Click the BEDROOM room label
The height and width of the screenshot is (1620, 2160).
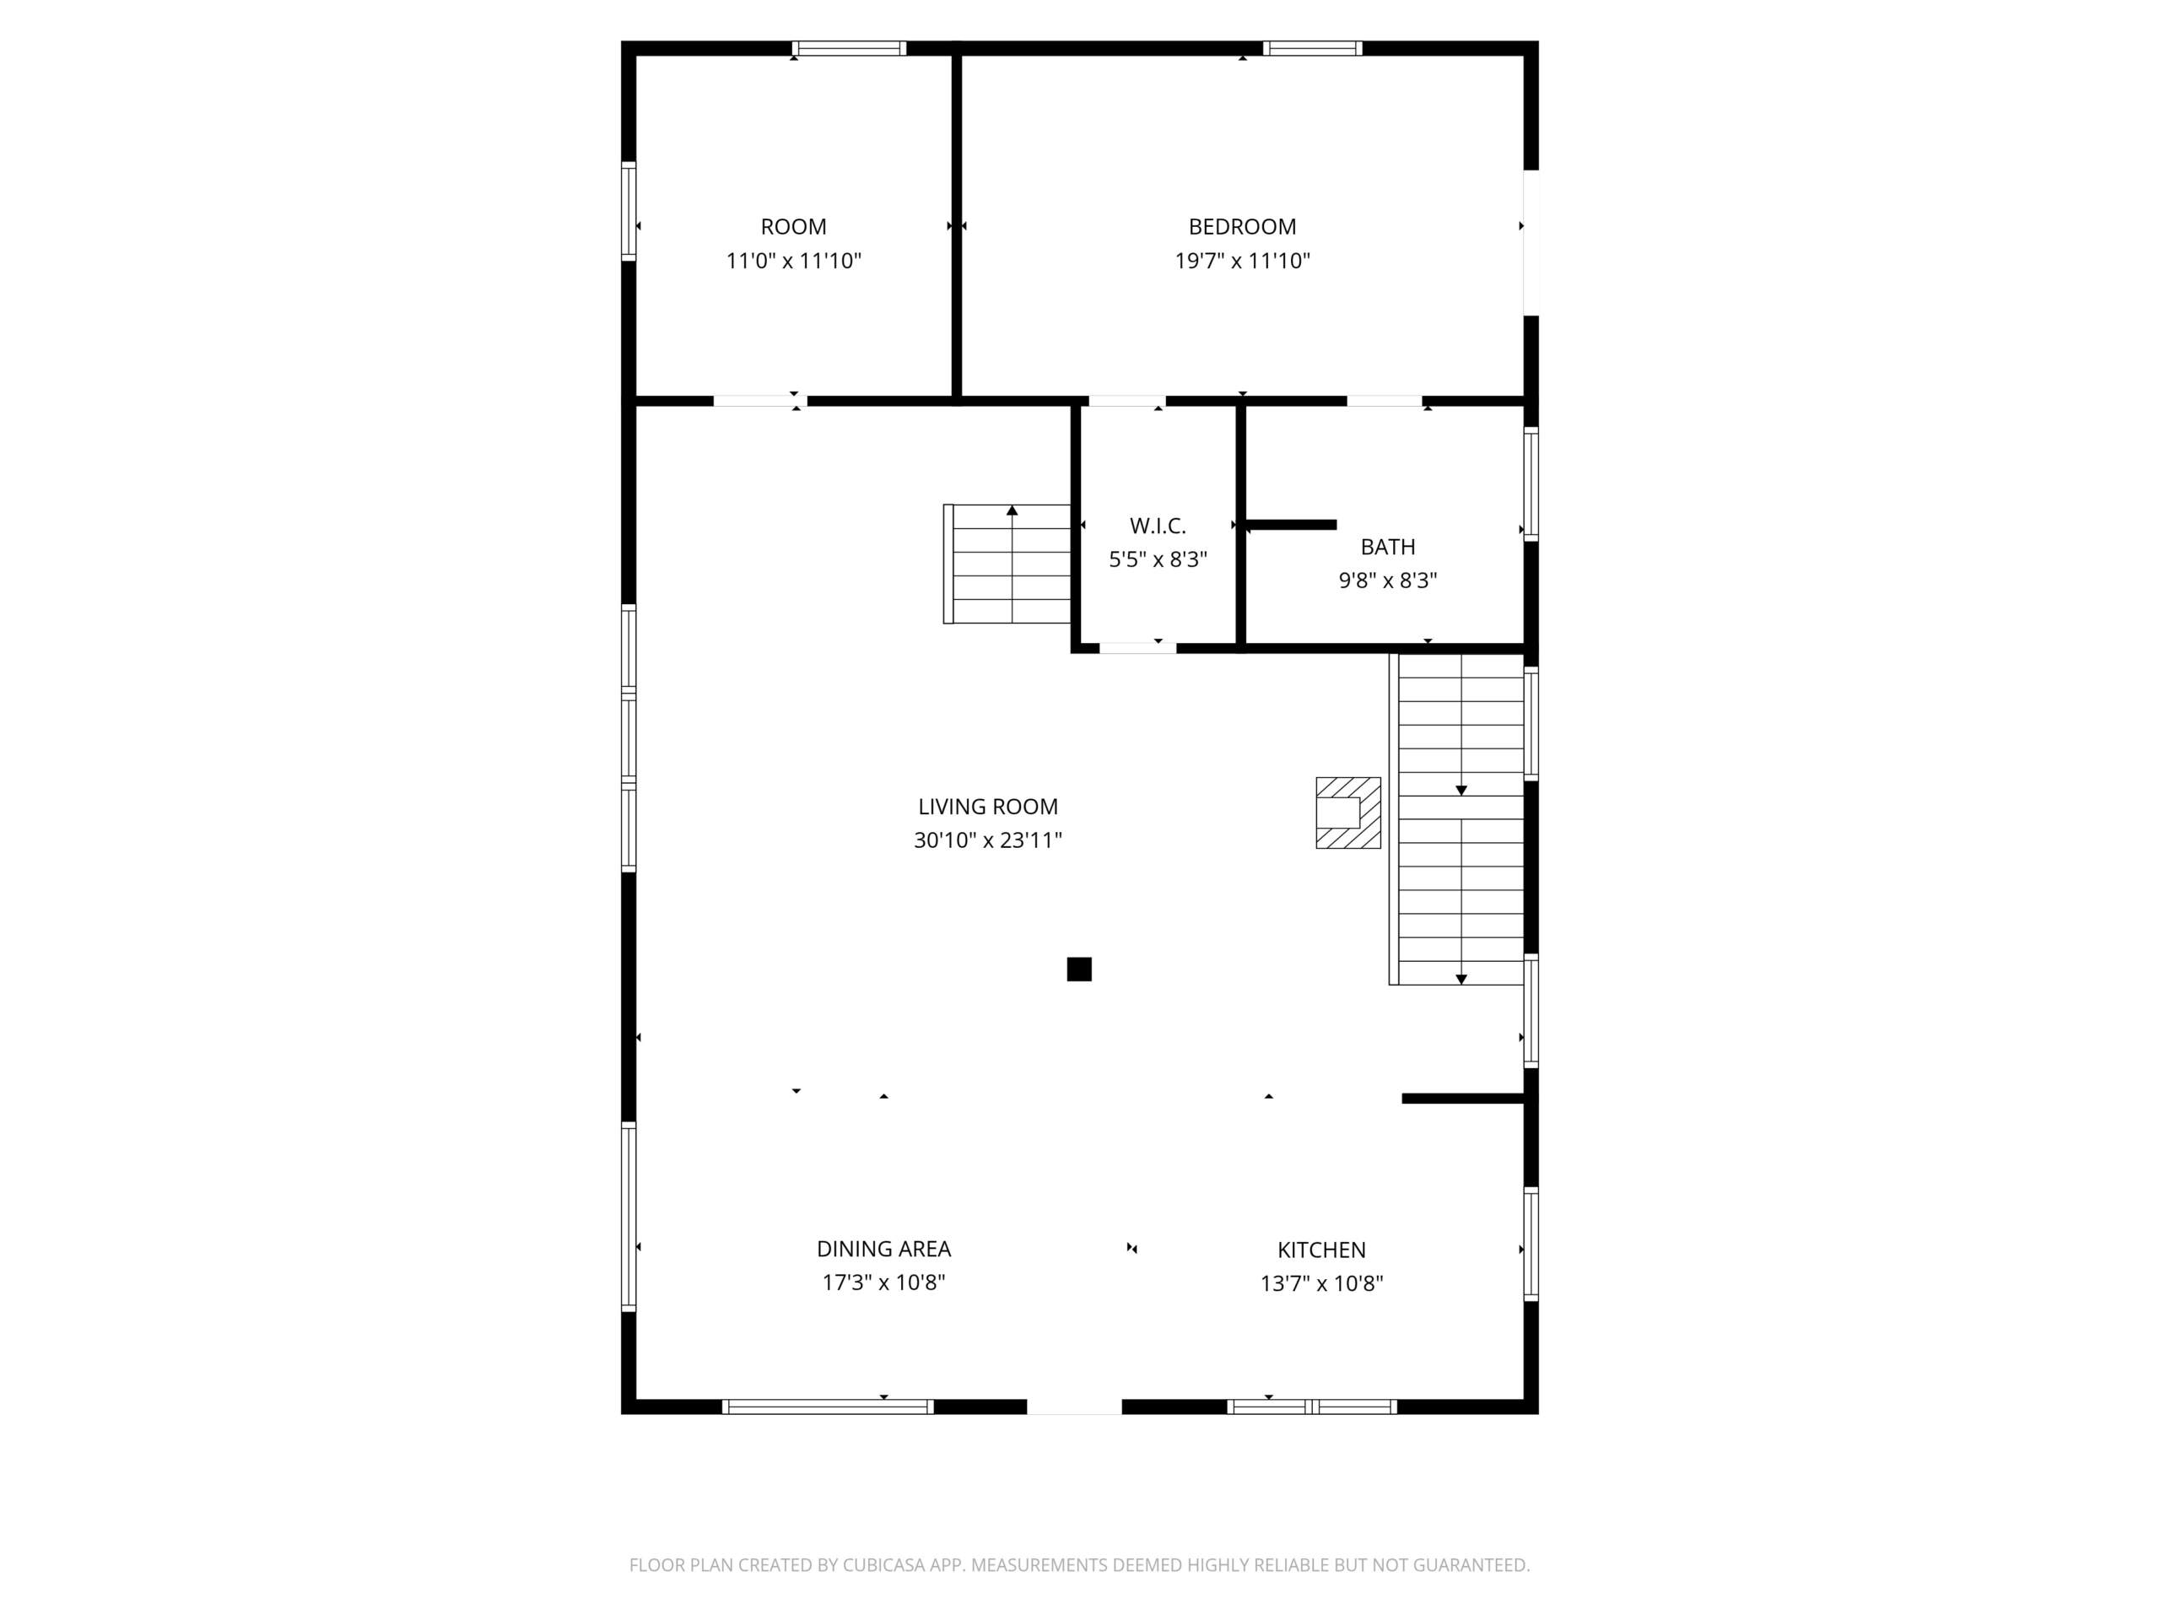pos(1242,226)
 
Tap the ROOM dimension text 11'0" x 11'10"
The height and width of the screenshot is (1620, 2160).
pos(793,261)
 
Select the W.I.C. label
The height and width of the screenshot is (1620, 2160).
pos(1158,526)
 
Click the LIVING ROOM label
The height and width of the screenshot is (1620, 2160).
pos(988,807)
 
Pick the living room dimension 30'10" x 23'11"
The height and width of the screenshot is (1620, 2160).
pos(988,840)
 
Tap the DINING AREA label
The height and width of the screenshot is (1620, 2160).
pos(883,1248)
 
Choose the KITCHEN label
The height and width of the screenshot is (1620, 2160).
pos(1322,1249)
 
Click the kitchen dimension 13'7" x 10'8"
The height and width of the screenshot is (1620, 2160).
pos(1322,1283)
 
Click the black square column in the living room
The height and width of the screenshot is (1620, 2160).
pos(1079,969)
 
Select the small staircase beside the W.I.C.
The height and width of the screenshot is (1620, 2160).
pos(1007,564)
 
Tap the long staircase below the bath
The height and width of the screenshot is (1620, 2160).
pos(1457,818)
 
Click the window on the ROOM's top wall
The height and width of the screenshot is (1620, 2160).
pos(849,48)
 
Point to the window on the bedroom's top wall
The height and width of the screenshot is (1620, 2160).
pos(1312,48)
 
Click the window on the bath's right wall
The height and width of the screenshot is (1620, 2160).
pos(1531,483)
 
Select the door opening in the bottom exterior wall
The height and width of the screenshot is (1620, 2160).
pos(1074,1407)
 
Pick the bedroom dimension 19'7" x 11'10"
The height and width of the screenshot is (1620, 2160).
pos(1242,261)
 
